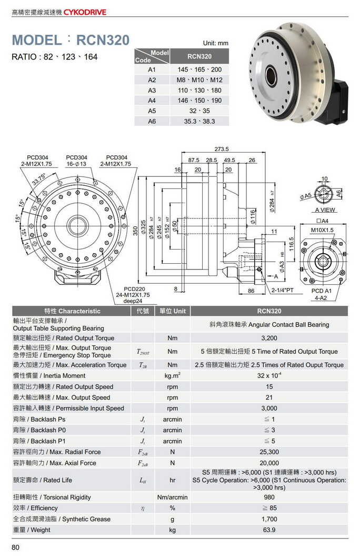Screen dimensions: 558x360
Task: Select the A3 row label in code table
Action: point(152,90)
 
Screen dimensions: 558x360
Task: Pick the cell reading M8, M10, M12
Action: point(199,80)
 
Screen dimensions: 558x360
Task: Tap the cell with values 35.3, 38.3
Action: point(199,121)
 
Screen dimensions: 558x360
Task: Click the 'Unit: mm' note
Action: point(215,43)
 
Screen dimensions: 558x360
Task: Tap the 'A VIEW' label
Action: point(325,210)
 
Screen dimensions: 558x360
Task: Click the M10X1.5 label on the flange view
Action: point(322,230)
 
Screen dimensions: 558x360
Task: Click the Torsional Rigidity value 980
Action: point(269,497)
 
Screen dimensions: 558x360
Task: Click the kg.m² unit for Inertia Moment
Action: point(172,376)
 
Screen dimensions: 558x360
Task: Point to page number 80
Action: point(15,548)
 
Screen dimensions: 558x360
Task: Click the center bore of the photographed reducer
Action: point(271,76)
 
